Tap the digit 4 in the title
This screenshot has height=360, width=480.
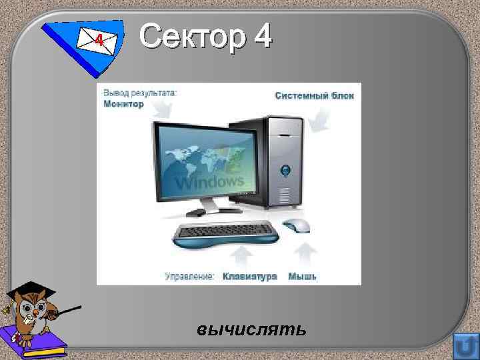coord(261,36)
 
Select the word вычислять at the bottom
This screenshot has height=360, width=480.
coord(252,329)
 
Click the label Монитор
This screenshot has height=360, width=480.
coord(123,104)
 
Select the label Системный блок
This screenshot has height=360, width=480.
coord(314,95)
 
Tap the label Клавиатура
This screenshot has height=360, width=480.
coord(250,275)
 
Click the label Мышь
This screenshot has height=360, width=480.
coord(303,275)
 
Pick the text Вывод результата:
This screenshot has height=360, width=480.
coord(140,93)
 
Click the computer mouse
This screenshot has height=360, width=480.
coord(296,225)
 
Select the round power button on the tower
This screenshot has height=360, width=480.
coord(285,170)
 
